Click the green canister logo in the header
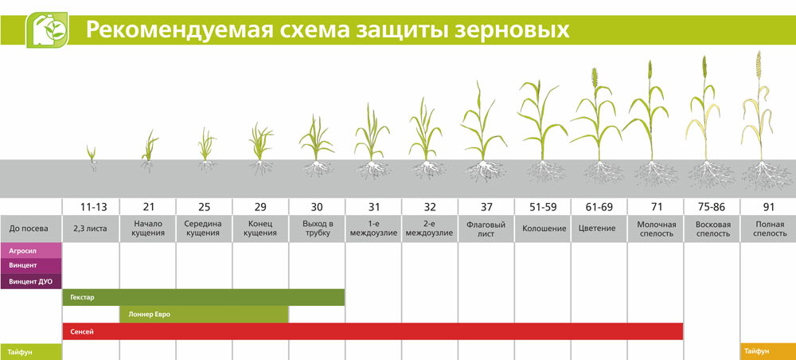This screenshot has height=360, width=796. tap(47, 30)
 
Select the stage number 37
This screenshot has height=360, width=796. tap(486, 207)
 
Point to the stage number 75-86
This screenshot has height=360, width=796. tap(712, 207)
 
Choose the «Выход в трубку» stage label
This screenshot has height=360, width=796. tap(318, 229)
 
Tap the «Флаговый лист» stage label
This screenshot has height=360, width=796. tap(486, 229)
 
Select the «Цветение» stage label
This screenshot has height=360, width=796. tap(599, 229)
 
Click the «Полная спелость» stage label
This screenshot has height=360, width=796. tap(768, 229)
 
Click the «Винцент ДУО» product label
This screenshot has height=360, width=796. tap(31, 281)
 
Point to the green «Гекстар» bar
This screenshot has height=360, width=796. tap(204, 298)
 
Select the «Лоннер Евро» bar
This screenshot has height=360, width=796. tap(204, 315)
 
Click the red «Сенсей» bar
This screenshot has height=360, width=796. tap(373, 331)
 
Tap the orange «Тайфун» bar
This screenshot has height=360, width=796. tap(768, 351)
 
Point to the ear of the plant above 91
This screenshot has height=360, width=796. tap(759, 64)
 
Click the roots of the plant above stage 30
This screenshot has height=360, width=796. tap(318, 169)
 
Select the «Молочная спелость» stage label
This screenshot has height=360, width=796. tap(655, 229)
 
